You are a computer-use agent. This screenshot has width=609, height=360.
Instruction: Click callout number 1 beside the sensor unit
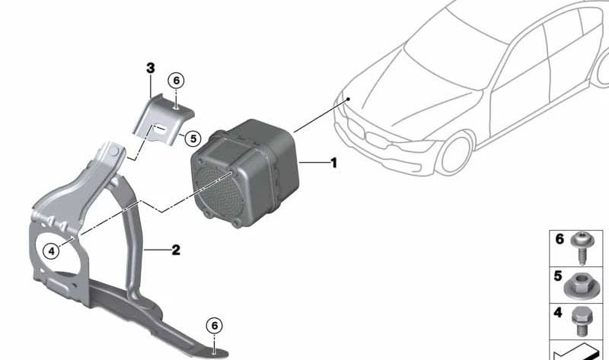point(332,163)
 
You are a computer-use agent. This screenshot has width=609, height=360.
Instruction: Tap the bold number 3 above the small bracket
point(151,68)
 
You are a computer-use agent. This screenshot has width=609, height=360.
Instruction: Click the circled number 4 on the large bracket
point(51,250)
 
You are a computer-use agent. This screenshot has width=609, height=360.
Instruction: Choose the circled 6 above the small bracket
point(175,81)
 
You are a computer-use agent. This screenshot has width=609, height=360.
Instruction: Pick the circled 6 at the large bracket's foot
point(215,326)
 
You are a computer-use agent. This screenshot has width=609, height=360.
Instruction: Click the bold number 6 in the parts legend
point(559,240)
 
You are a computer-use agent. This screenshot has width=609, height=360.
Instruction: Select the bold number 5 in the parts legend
point(559,277)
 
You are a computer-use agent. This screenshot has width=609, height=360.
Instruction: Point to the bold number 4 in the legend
point(559,312)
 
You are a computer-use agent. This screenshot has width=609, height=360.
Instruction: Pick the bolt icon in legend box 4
point(581,320)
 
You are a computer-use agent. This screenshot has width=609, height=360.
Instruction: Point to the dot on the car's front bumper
point(346,99)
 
